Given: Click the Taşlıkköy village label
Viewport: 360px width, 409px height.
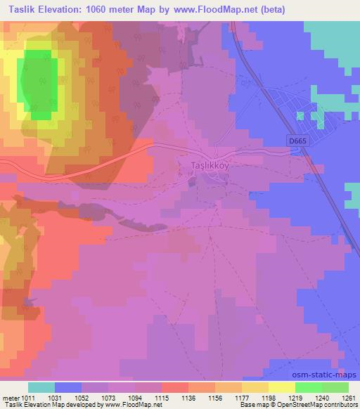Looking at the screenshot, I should click(x=211, y=166).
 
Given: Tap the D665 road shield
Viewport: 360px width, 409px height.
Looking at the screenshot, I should click(x=297, y=141).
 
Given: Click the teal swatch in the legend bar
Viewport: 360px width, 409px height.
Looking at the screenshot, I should click(x=41, y=387).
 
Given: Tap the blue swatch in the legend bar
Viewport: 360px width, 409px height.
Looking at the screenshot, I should click(x=68, y=387).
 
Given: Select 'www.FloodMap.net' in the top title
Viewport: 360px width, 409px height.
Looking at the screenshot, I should click(x=217, y=9).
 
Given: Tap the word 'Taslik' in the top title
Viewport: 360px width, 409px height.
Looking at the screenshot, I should click(x=19, y=9).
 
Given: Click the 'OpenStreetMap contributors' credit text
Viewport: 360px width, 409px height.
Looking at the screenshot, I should click(x=321, y=405).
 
